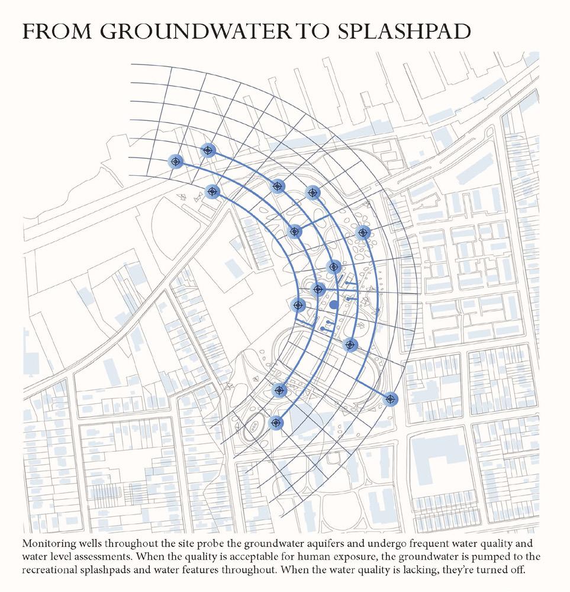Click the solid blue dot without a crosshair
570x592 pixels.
pyautogui.click(x=334, y=304)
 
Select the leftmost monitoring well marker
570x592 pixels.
pyautogui.click(x=175, y=161)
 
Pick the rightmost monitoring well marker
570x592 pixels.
pyautogui.click(x=390, y=399)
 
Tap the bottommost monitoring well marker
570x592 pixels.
pyautogui.click(x=275, y=423)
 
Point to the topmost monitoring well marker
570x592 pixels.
pyautogui.click(x=208, y=150)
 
